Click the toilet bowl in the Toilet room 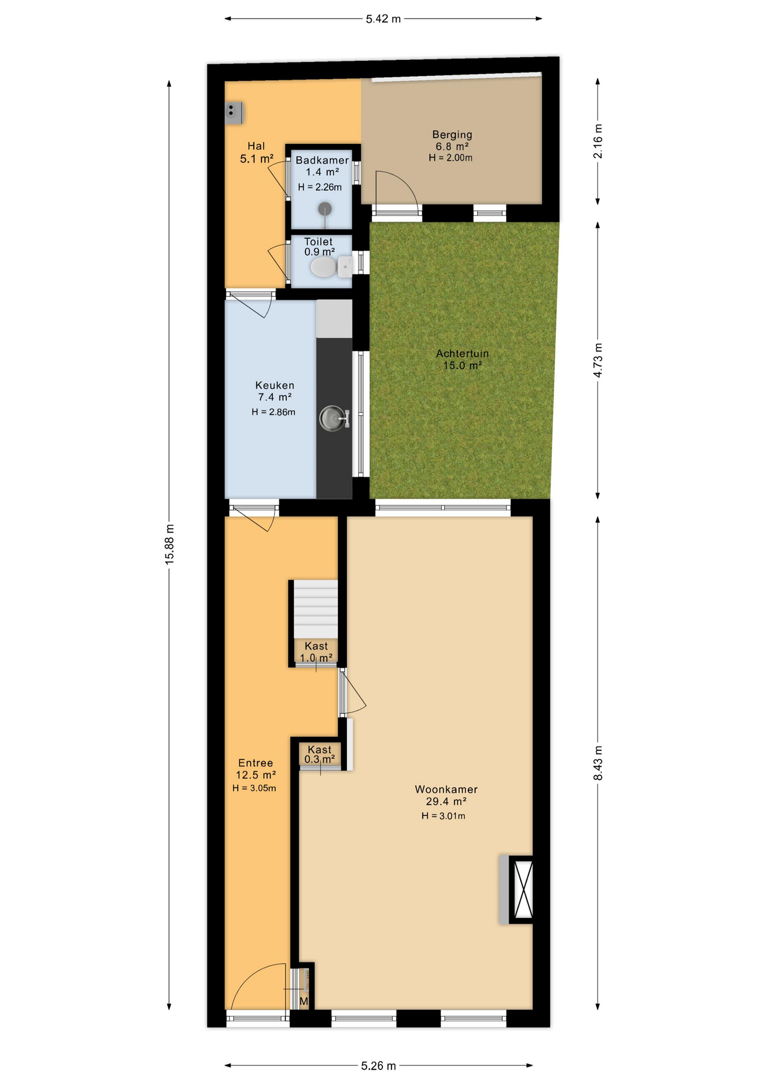pyautogui.click(x=323, y=266)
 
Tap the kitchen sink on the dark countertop pyautogui.click(x=333, y=418)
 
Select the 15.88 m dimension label pyautogui.click(x=169, y=544)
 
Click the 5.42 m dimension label pyautogui.click(x=383, y=19)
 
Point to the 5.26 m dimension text pyautogui.click(x=378, y=1065)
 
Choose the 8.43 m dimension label pyautogui.click(x=598, y=763)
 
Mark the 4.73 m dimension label pyautogui.click(x=598, y=360)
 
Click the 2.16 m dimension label pyautogui.click(x=598, y=141)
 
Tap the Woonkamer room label pyautogui.click(x=446, y=789)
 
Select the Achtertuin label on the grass pyautogui.click(x=462, y=353)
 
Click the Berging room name pyautogui.click(x=452, y=134)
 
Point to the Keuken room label pyautogui.click(x=274, y=385)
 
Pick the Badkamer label pyautogui.click(x=322, y=160)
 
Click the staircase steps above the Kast pyautogui.click(x=316, y=610)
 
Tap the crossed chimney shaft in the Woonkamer pyautogui.click(x=521, y=890)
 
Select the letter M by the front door pyautogui.click(x=304, y=1002)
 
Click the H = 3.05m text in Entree pyautogui.click(x=254, y=788)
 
